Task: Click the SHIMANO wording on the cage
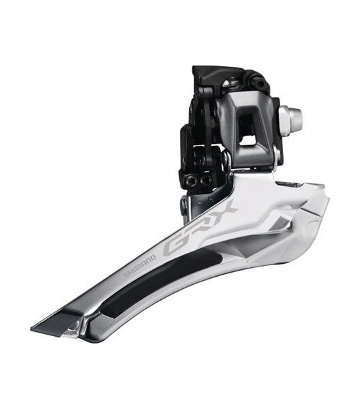139,265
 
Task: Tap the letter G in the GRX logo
174,247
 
